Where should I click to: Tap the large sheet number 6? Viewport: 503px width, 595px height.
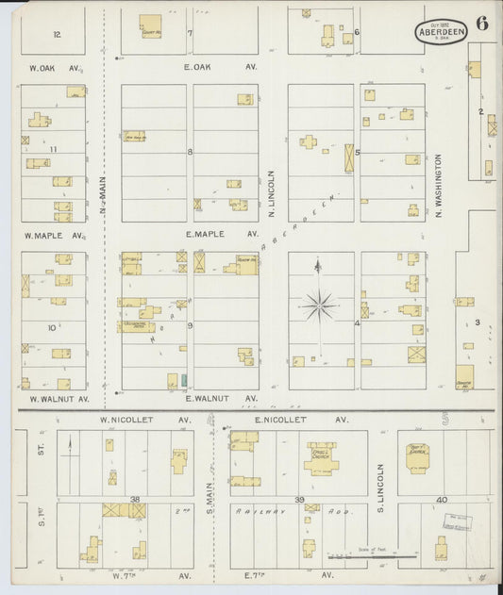[481, 25]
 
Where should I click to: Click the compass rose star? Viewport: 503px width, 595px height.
[319, 305]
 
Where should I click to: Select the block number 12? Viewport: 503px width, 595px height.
[58, 34]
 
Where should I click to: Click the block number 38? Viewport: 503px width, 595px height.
[136, 499]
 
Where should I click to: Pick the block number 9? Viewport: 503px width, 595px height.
[190, 325]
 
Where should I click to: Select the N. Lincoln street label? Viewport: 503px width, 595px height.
[271, 193]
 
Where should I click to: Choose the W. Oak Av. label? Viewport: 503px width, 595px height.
[57, 67]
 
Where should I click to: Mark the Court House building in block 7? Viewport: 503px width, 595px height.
[150, 25]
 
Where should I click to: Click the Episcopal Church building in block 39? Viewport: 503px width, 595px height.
[322, 458]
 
